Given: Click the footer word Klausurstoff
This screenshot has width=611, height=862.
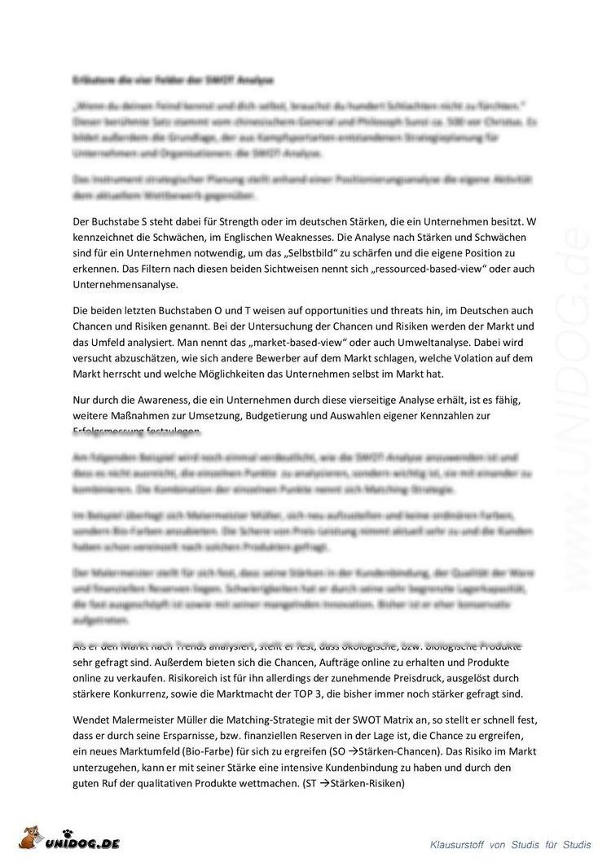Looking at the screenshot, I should [459, 844].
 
